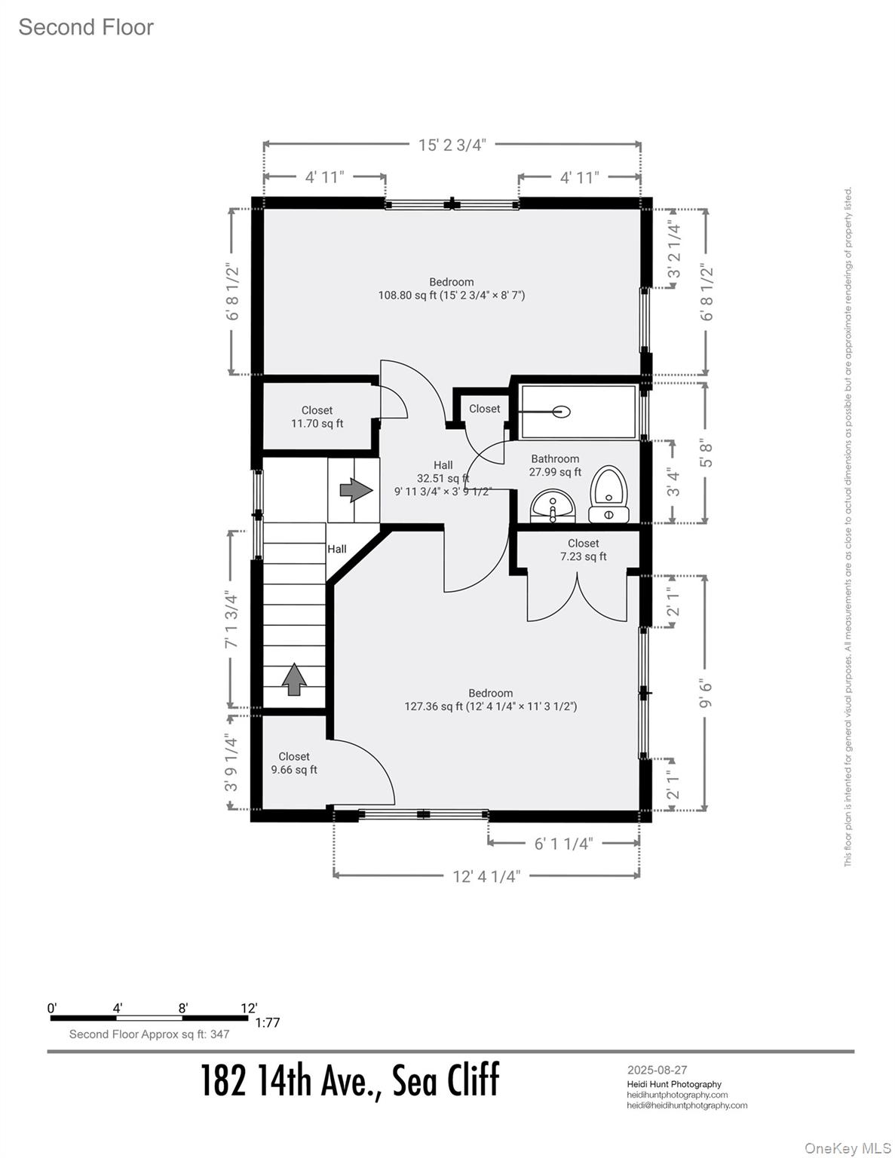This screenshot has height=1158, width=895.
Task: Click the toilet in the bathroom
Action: click(608, 494)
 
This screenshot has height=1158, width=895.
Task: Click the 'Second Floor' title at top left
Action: click(86, 27)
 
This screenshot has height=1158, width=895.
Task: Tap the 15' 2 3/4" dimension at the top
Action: click(452, 145)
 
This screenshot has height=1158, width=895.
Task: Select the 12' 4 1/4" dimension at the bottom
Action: click(486, 875)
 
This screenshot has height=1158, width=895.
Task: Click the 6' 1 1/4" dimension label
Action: click(563, 844)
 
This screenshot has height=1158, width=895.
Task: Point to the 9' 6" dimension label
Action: click(706, 694)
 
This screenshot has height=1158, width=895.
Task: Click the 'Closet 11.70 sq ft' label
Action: click(317, 417)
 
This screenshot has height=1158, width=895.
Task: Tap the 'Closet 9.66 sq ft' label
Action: click(294, 763)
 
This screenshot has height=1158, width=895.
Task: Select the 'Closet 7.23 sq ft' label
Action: click(583, 550)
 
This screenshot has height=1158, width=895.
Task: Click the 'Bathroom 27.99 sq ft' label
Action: click(555, 465)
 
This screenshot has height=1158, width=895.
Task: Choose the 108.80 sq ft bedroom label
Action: click(452, 289)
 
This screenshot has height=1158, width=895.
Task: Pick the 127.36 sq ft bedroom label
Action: click(490, 700)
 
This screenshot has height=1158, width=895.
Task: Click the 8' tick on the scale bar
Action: click(183, 1009)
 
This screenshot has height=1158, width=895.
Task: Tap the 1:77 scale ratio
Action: click(268, 1023)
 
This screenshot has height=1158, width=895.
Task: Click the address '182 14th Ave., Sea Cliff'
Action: click(349, 1080)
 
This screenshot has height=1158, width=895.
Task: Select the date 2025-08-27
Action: click(657, 1070)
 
